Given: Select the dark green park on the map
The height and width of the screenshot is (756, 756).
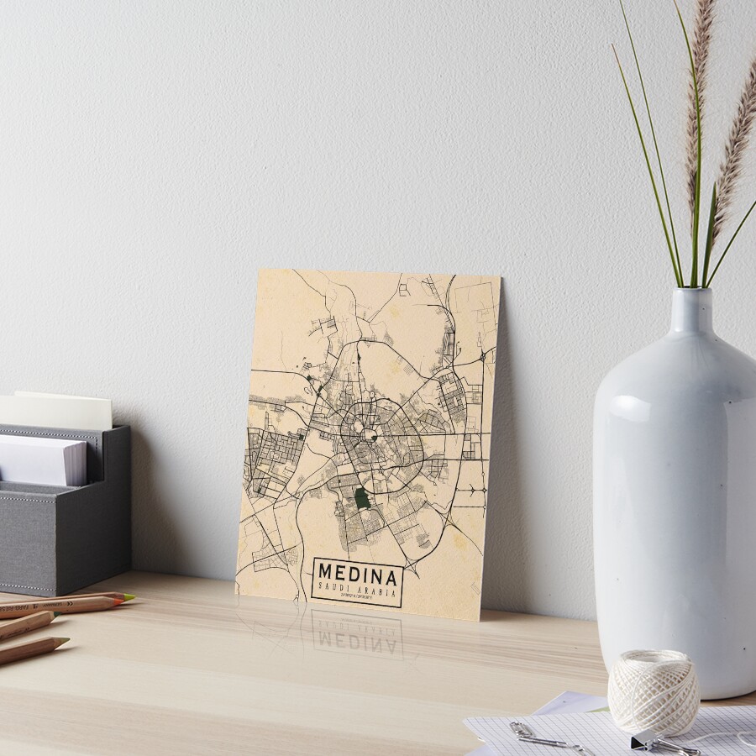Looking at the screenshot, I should [x=362, y=498].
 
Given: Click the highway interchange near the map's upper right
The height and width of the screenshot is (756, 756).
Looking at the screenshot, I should [x=482, y=356].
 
